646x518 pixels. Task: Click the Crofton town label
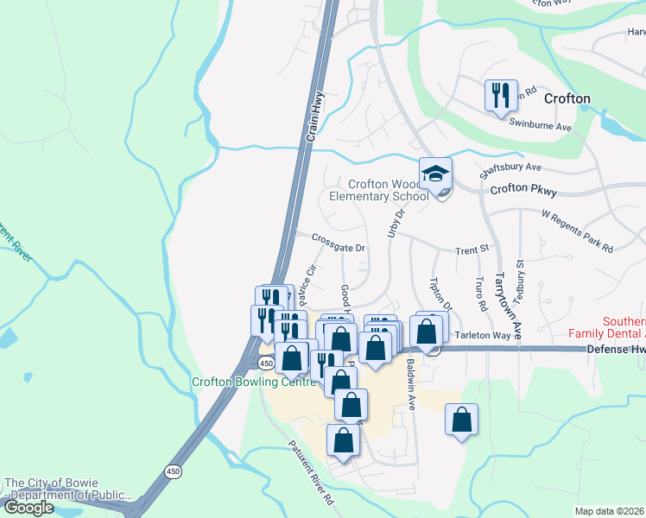point(567,98)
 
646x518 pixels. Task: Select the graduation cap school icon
point(435,175)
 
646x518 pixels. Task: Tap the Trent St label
point(472,250)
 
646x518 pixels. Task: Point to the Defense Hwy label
point(616,349)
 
